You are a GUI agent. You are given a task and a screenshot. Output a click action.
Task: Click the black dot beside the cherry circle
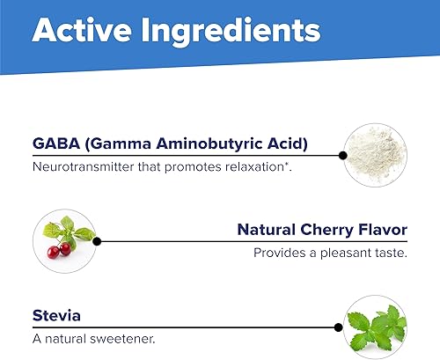pos(97,239)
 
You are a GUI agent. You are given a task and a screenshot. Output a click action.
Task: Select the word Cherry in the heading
pos(334,231)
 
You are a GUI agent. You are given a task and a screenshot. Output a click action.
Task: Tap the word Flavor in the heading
pos(385,231)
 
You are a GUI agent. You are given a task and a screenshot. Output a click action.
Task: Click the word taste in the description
pos(389,253)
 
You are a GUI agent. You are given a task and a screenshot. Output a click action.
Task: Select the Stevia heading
pos(55,313)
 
